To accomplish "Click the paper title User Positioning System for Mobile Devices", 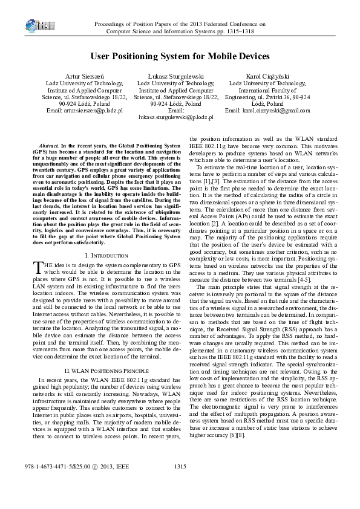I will (180, 56).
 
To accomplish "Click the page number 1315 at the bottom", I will (180, 484).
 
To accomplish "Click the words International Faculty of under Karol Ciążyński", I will (262, 90).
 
